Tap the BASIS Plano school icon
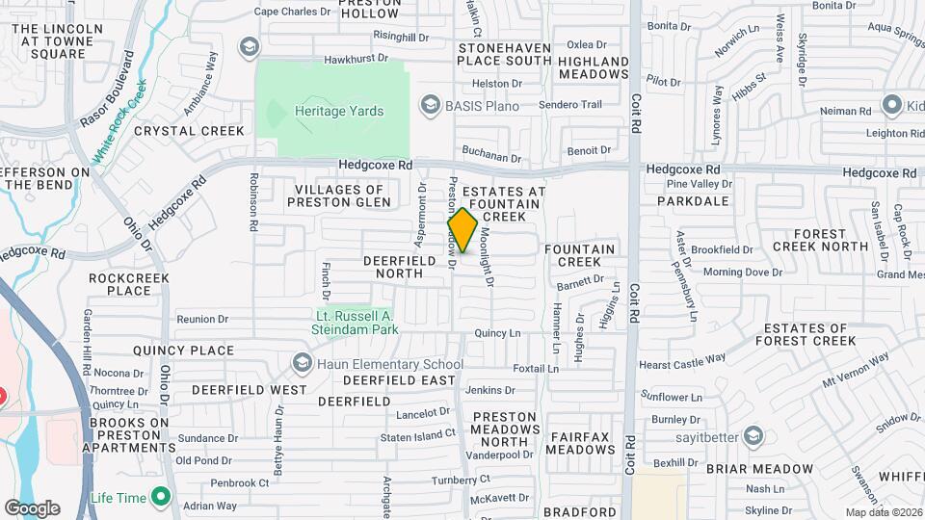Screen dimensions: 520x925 429,104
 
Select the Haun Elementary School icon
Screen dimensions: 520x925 304,363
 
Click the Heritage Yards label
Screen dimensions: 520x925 339,112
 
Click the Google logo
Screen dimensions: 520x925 32,507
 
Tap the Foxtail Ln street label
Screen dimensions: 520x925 536,369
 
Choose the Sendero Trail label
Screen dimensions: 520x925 570,104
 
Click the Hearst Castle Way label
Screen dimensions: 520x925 682,361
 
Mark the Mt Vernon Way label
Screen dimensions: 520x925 856,371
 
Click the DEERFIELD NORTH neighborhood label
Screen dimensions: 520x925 393,267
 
